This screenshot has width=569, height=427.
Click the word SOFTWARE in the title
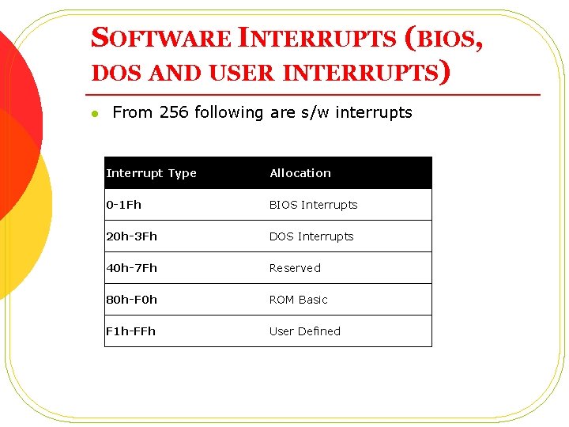point(161,38)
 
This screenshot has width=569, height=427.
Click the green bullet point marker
point(93,114)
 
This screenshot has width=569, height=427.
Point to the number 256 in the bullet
point(174,112)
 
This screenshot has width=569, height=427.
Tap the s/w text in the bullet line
point(315,113)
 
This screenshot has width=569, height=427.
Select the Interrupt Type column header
point(151,173)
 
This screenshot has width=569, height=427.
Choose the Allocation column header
point(300,173)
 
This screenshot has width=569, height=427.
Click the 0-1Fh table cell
point(124,205)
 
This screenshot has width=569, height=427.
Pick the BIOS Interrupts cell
point(313,205)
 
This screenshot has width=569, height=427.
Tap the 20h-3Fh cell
point(132,236)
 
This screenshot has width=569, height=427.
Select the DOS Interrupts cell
point(311,236)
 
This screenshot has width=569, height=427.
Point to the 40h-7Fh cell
point(132,268)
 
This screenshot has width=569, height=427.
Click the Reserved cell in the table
point(295,268)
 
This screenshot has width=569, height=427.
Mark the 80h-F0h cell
point(132,300)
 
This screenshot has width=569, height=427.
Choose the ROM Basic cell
point(298,300)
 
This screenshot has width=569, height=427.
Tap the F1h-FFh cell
point(131,331)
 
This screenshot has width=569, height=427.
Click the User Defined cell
point(304,331)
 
